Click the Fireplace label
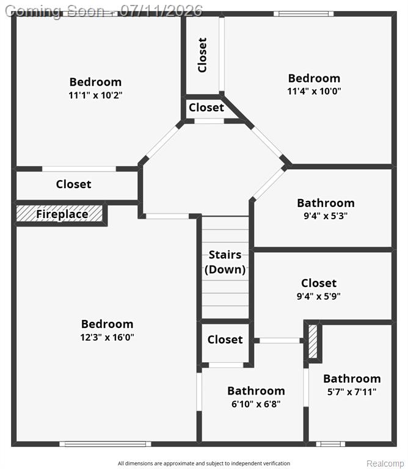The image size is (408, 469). [62, 214]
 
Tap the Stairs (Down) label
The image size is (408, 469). [225, 262]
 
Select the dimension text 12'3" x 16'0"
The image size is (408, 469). [107, 337]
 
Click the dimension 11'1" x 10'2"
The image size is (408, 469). [95, 95]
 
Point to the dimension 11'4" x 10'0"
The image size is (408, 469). [314, 91]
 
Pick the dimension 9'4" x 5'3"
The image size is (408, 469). [326, 216]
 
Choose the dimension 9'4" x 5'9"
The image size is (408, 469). [319, 296]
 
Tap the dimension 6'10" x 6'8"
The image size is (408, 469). [256, 404]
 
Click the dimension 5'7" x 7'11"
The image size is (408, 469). [352, 392]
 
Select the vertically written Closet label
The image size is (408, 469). [203, 55]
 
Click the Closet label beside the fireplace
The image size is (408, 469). [73, 184]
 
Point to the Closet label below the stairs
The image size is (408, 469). [225, 340]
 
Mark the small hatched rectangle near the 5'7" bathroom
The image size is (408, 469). [313, 341]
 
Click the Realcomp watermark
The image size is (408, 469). [385, 464]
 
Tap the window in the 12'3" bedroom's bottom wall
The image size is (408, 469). [105, 444]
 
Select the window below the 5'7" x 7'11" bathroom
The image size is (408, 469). [330, 444]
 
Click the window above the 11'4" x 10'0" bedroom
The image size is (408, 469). [304, 14]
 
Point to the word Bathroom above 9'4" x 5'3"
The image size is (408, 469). [326, 203]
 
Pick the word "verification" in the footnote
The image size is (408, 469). [275, 464]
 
